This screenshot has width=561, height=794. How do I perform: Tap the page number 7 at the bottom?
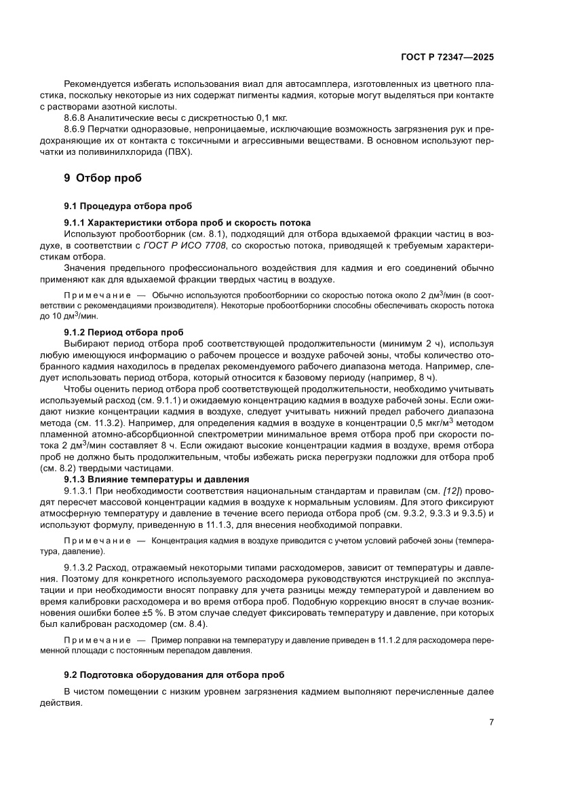pyautogui.click(x=490, y=722)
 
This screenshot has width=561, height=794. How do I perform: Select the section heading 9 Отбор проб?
pyautogui.click(x=102, y=179)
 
